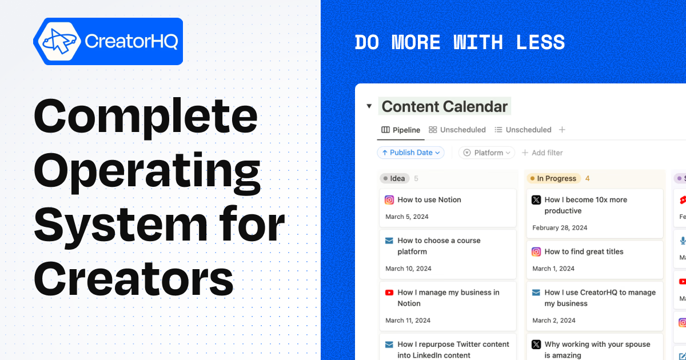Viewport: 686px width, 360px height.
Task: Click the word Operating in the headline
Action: (147, 170)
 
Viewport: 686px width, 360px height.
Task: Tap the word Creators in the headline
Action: (134, 279)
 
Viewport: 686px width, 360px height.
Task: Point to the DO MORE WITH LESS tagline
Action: (460, 42)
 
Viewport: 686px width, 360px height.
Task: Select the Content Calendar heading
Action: (444, 106)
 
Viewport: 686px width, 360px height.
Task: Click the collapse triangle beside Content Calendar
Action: (369, 106)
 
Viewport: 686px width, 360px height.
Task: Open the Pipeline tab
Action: (401, 130)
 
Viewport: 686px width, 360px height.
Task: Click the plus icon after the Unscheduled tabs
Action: (562, 130)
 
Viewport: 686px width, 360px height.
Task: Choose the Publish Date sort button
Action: (410, 153)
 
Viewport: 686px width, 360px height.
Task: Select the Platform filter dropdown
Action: (486, 153)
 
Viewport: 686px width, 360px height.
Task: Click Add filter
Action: (542, 153)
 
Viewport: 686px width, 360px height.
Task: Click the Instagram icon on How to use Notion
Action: (389, 200)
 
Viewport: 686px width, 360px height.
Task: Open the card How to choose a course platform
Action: (448, 251)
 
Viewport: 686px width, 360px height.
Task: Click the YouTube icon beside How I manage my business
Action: (389, 293)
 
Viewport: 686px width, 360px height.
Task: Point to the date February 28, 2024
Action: (560, 227)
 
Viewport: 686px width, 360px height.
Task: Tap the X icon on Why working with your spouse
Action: (536, 345)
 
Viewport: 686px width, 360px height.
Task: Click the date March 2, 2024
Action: (553, 321)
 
